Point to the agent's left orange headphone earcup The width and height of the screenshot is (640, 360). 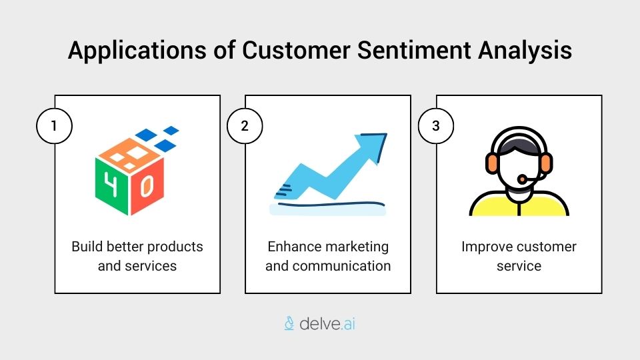tap(491, 163)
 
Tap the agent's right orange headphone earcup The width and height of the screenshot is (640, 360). tap(547, 163)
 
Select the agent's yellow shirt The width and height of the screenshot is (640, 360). tap(519, 204)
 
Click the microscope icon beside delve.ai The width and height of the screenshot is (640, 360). tap(289, 324)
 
